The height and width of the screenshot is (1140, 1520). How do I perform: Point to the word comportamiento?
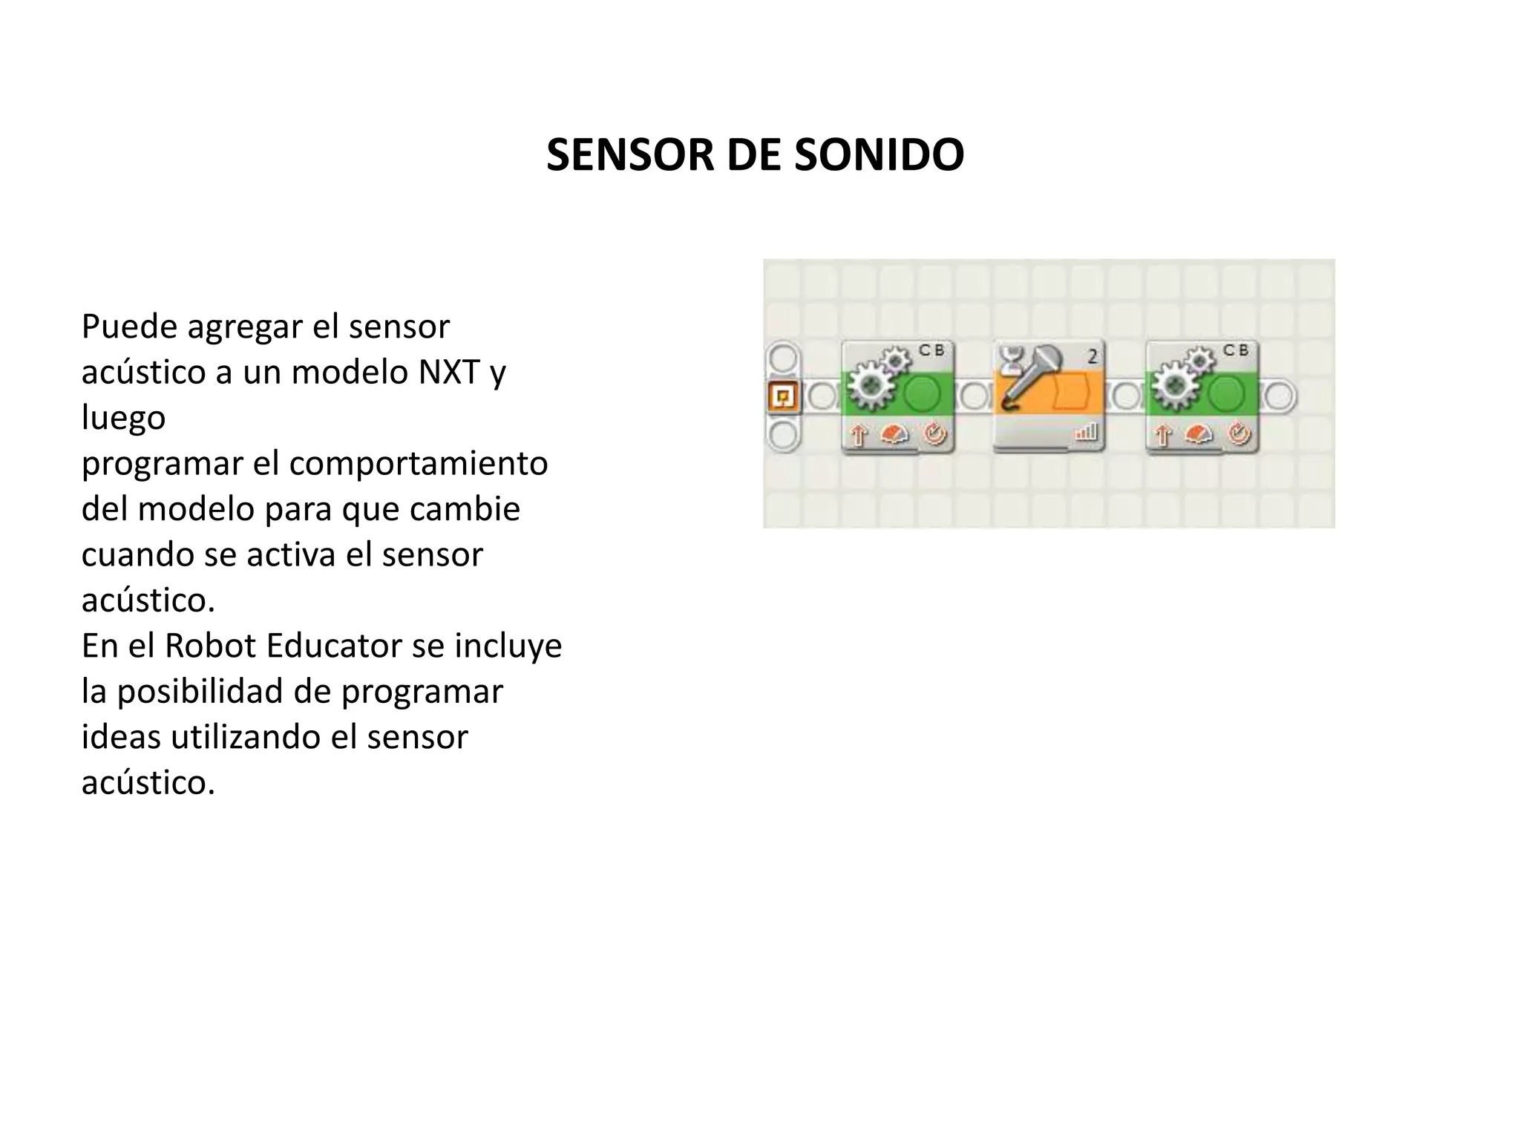pos(418,463)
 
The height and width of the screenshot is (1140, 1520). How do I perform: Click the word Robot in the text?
pos(210,646)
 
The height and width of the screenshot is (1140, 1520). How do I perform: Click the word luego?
pos(123,417)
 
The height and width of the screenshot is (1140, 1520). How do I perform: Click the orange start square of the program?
pos(782,397)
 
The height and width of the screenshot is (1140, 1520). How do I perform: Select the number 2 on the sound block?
pos(1092,357)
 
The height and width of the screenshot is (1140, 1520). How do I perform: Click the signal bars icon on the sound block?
pos(1086,431)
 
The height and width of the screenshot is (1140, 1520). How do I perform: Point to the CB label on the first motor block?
pos(931,350)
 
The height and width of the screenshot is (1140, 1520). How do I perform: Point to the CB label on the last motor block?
pos(1236,350)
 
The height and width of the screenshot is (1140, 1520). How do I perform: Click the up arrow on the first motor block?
pos(859,435)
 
